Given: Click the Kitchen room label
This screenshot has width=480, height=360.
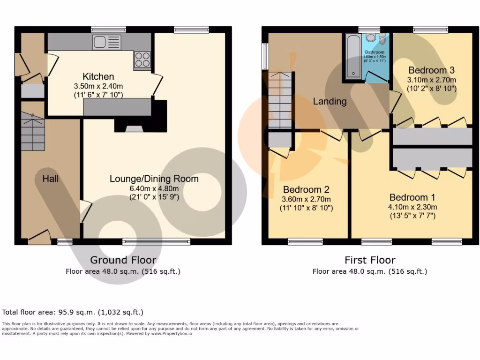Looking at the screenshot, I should [98, 77].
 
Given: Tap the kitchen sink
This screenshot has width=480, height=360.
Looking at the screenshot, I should [107, 42].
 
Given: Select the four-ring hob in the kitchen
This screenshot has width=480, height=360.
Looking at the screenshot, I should [142, 60].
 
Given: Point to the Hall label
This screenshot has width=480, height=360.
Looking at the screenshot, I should [50, 179].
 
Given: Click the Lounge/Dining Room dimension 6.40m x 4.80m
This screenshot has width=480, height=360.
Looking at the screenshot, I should [154, 188].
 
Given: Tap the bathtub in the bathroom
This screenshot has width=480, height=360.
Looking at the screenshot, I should [351, 56].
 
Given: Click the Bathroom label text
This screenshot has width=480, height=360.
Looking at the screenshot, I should [375, 52].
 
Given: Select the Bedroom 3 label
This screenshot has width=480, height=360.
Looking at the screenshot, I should [431, 70].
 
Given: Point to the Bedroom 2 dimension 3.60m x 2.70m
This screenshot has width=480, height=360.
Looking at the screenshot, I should [306, 199].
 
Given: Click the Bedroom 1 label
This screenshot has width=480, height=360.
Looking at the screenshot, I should [408, 197].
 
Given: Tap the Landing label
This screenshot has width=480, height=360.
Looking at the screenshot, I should [330, 101].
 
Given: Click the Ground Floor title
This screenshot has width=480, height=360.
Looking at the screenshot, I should [123, 260].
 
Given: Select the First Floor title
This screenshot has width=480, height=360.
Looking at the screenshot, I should [370, 260].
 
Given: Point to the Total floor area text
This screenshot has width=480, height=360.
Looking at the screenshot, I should [73, 312].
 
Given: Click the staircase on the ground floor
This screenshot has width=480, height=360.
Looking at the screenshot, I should [32, 132].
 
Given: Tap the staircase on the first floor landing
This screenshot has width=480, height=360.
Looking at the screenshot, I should [280, 100].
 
